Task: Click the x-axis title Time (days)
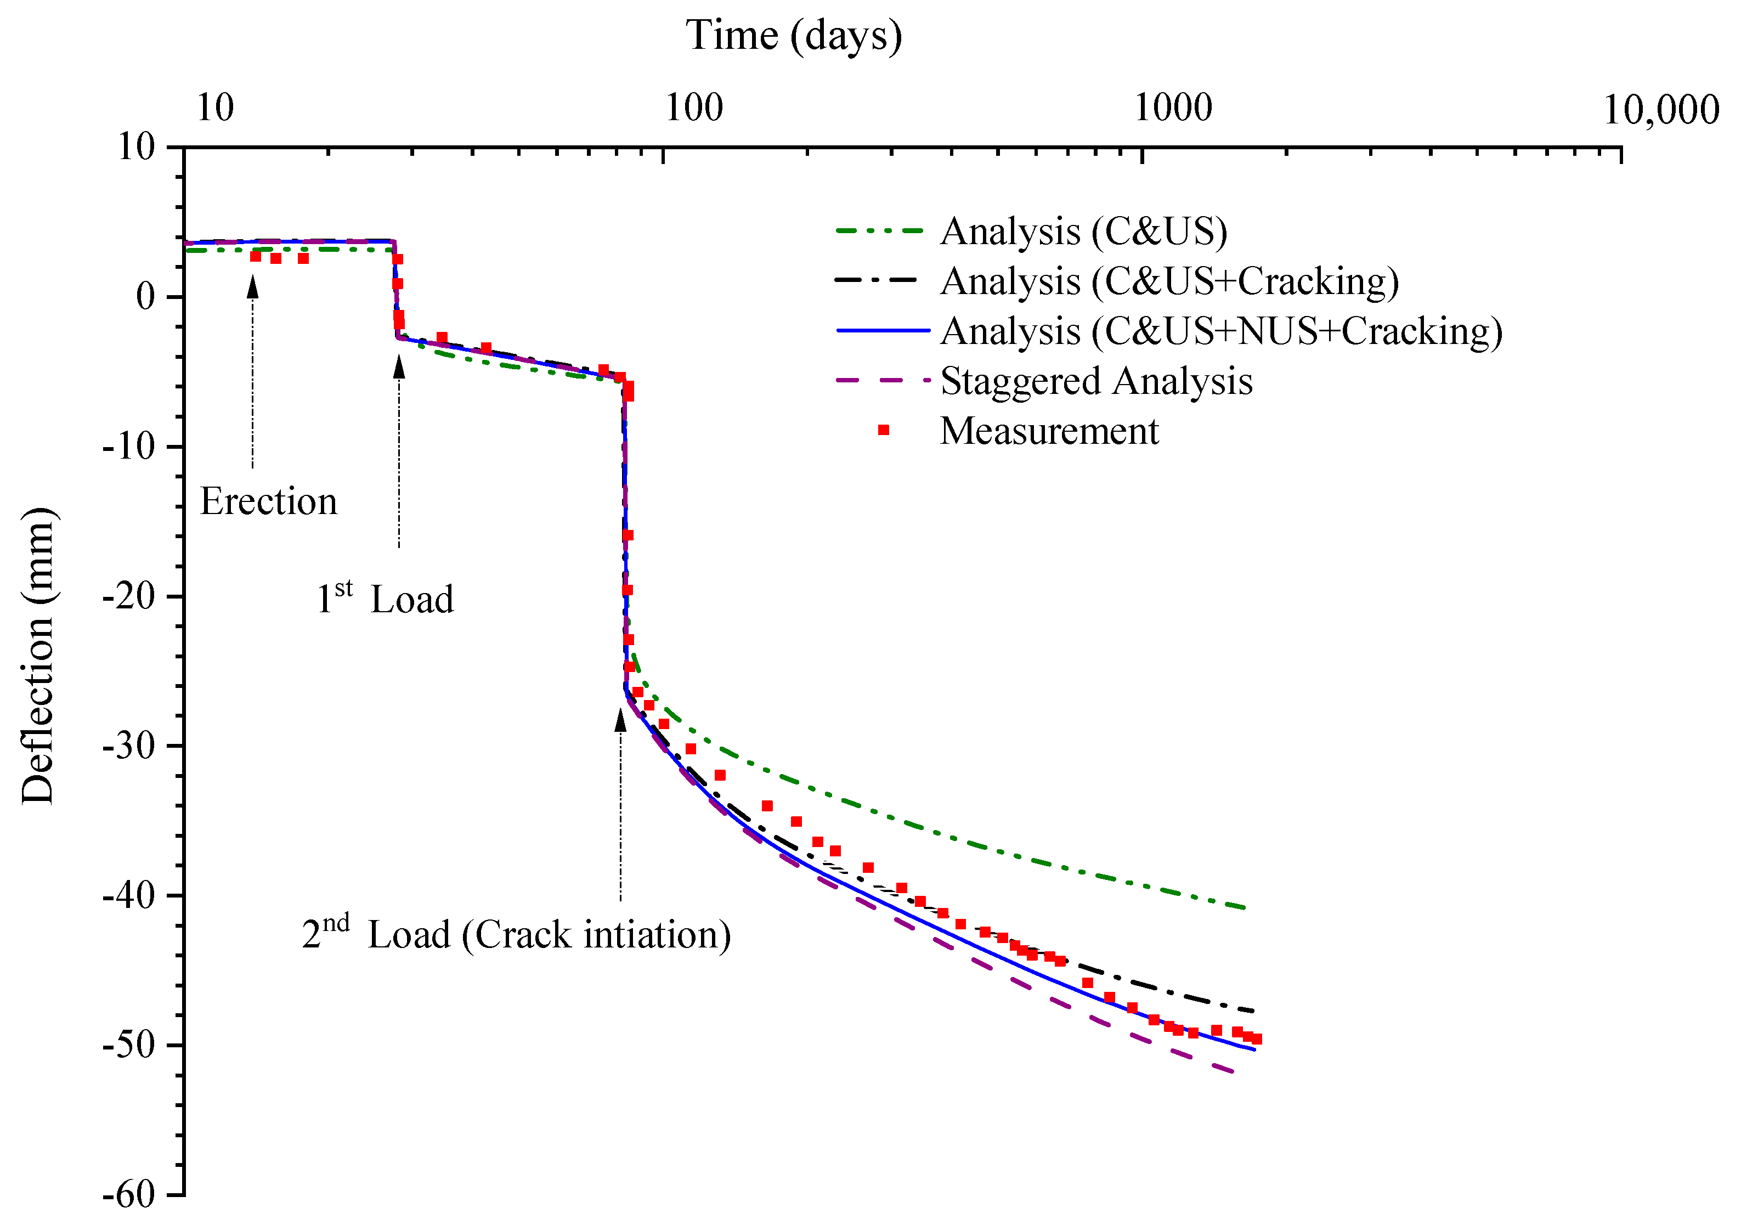pyautogui.click(x=793, y=36)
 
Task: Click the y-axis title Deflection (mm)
pyautogui.click(x=38, y=656)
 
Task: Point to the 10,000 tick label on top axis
pyautogui.click(x=1660, y=110)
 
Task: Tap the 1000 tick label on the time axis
pyautogui.click(x=1173, y=109)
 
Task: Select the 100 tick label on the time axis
pyautogui.click(x=694, y=109)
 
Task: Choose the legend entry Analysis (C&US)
pyautogui.click(x=1083, y=232)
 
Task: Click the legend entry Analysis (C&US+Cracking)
pyautogui.click(x=1169, y=281)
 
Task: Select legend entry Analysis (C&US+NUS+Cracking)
pyautogui.click(x=1221, y=331)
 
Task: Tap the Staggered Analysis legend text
pyautogui.click(x=1096, y=381)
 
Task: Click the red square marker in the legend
pyautogui.click(x=884, y=430)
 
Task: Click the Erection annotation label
pyautogui.click(x=268, y=501)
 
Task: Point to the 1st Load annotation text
pyautogui.click(x=385, y=599)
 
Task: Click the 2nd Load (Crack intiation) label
pyautogui.click(x=516, y=934)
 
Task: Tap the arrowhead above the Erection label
pyautogui.click(x=252, y=287)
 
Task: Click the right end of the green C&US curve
pyautogui.click(x=1246, y=908)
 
